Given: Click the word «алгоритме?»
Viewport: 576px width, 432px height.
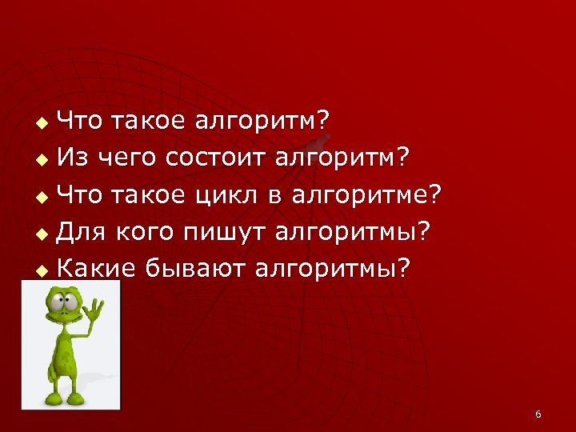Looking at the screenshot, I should (366, 194).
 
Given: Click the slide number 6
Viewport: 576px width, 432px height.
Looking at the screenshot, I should (538, 414).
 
